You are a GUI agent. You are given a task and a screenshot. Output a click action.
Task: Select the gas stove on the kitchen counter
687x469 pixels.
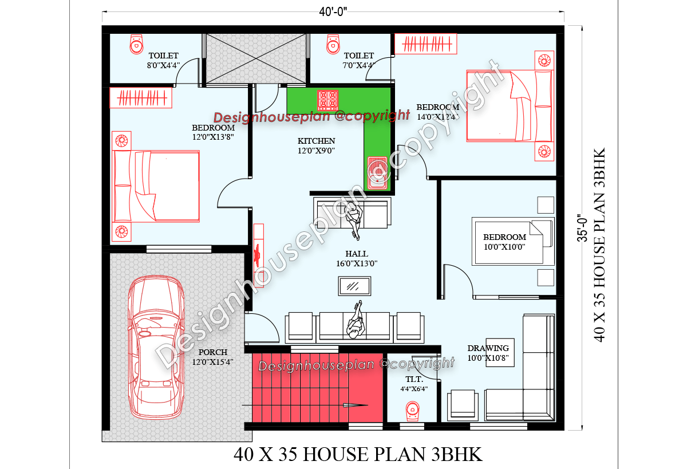(328, 100)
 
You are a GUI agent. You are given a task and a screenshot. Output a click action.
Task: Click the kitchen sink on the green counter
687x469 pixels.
(378, 172)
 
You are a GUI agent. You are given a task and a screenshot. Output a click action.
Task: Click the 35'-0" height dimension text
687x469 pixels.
(582, 228)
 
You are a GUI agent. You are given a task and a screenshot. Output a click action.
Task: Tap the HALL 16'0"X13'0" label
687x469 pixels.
(357, 259)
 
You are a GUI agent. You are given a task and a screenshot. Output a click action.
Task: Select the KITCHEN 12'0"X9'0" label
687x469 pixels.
(316, 145)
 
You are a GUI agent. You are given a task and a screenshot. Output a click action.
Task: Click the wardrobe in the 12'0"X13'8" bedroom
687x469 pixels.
(141, 98)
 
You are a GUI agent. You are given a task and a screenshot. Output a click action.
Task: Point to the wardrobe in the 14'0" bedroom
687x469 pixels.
(427, 44)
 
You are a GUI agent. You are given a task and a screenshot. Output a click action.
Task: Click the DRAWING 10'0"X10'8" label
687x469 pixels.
(488, 353)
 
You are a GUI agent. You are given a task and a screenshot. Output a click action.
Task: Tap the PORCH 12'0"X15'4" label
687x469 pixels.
(213, 357)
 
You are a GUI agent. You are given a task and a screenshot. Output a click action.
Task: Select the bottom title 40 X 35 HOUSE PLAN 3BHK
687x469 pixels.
(358, 455)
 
